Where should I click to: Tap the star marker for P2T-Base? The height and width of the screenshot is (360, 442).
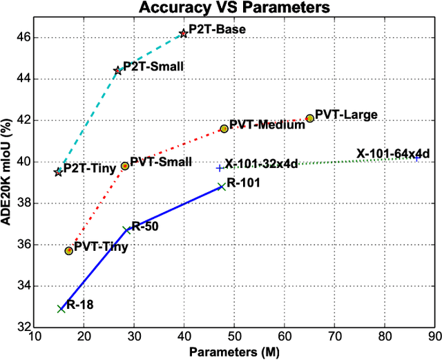point(183,33)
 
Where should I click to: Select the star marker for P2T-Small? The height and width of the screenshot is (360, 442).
point(117,70)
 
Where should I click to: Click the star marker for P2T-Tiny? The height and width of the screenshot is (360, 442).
point(58,172)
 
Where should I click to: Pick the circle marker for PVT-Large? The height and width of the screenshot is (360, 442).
point(309,118)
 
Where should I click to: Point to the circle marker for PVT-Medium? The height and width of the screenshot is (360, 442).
point(224,129)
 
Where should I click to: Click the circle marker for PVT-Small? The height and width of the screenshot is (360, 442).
point(125,166)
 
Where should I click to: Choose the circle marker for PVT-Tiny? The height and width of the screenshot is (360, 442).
point(68,251)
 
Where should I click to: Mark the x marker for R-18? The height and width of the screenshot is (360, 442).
point(61,309)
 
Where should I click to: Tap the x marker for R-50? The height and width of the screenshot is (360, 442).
point(127,230)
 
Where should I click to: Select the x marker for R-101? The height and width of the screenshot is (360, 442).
point(221,187)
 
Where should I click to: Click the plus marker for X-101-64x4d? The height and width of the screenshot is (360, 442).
point(417,158)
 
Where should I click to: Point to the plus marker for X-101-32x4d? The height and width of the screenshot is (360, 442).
point(220,168)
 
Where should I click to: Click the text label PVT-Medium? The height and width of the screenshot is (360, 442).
point(258,125)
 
